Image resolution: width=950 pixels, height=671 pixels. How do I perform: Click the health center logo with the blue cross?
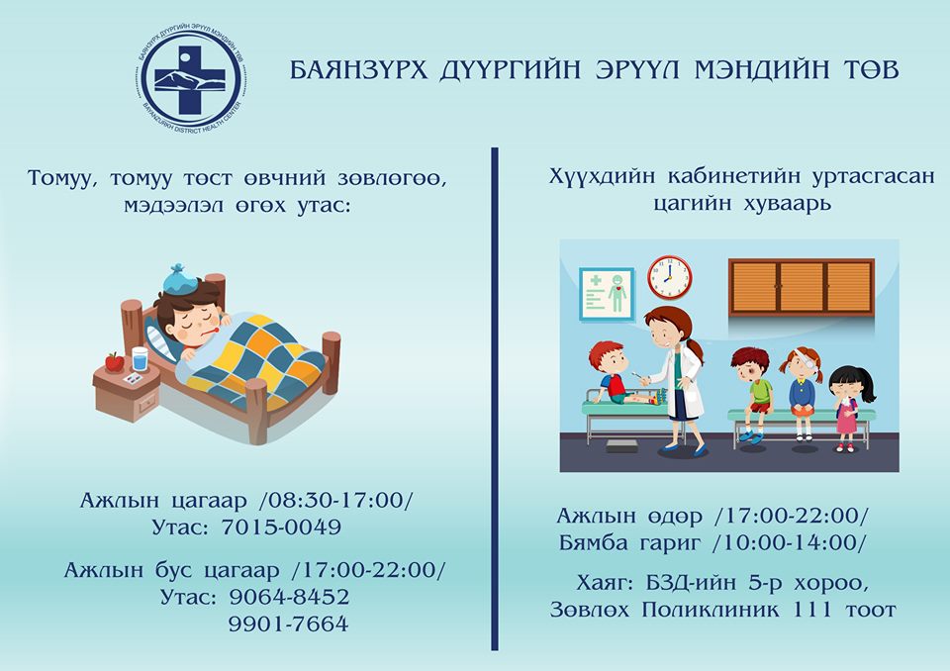tap(190, 79)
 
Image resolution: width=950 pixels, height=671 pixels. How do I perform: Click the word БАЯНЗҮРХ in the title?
tap(358, 69)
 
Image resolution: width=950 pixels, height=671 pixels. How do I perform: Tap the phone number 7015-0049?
tap(280, 527)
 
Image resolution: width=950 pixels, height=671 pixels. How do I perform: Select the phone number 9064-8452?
tap(289, 597)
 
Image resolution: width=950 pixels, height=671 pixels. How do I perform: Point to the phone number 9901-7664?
tap(288, 623)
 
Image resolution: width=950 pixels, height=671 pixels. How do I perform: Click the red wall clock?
tap(670, 278)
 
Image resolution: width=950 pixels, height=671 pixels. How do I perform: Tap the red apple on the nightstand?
tap(115, 362)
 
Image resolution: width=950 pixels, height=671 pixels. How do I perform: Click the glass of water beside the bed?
tap(140, 359)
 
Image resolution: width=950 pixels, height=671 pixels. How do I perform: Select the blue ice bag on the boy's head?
tap(180, 279)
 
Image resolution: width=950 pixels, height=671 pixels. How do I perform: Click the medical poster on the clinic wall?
tap(607, 294)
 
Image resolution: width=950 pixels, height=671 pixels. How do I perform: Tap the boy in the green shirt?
tap(753, 394)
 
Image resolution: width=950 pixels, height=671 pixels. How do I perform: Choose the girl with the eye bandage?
tap(802, 393)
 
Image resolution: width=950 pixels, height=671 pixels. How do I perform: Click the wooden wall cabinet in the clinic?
tap(801, 287)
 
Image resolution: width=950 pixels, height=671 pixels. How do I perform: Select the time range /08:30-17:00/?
tap(335, 500)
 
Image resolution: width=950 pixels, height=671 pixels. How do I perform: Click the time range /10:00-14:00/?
tap(790, 542)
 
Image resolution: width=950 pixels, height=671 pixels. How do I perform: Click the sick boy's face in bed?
tap(198, 328)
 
